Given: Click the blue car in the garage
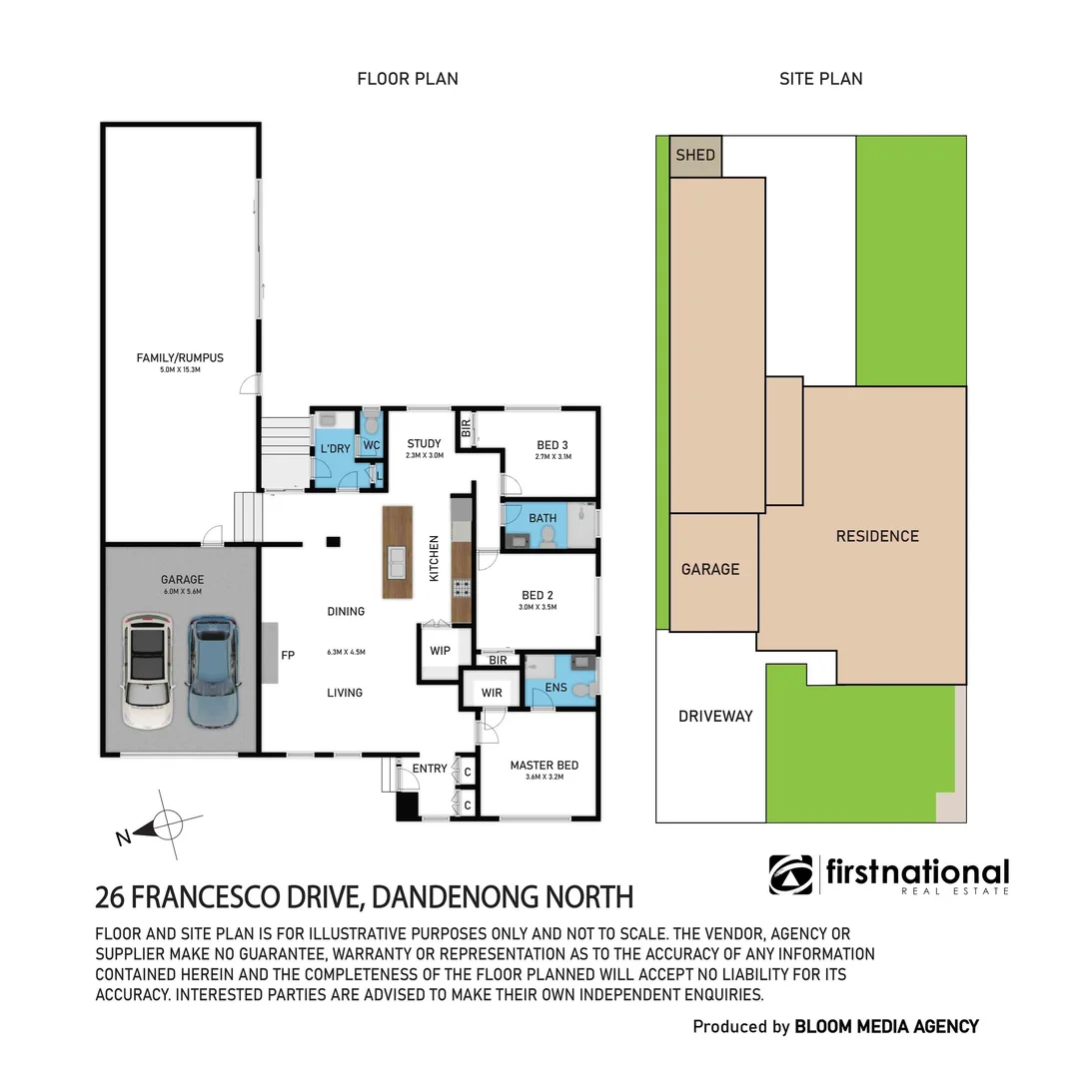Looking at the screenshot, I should point(213,672).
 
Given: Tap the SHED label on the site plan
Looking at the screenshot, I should point(695,155).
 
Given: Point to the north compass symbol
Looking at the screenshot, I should point(165,826).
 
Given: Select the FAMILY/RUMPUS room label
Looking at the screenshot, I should point(181,356).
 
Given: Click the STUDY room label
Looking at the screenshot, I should point(423,443).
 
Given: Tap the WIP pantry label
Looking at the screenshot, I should point(441,651).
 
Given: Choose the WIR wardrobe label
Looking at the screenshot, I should point(492,692).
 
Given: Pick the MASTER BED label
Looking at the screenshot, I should point(544,766).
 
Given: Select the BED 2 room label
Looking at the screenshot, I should point(537,595).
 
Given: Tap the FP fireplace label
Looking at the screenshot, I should point(289,657).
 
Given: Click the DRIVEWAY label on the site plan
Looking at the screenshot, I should point(715,716).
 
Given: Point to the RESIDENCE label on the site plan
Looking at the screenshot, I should point(877,536).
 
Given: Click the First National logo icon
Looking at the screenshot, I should point(791,874).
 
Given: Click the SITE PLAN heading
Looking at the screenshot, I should point(820,79).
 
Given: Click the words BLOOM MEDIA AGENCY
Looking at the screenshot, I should point(886,1026).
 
